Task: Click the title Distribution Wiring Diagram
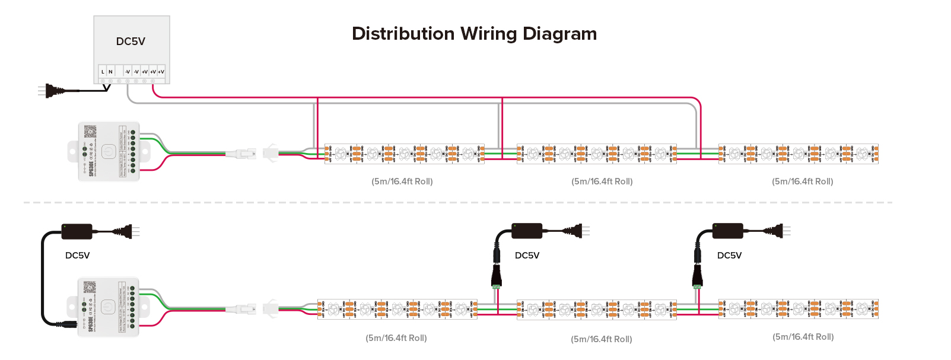pos(474,34)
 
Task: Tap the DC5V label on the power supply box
pos(131,42)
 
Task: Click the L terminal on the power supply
pos(103,72)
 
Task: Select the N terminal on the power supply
pos(110,72)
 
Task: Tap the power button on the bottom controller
pos(107,307)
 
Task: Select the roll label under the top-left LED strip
pos(402,181)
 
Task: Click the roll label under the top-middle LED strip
pos(602,181)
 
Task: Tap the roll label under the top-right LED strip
pos(802,181)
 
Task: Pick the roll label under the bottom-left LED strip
pos(396,338)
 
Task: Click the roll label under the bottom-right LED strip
pos(803,337)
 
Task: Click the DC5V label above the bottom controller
pos(77,256)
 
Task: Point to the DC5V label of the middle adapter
pos(527,256)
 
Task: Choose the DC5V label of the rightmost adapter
pos(729,256)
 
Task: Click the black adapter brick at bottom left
pos(77,231)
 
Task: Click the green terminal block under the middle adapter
pos(496,286)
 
